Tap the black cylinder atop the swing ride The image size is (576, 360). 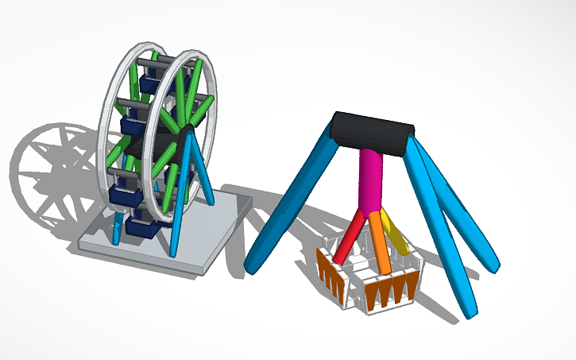[374, 132]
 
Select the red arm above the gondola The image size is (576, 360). [349, 238]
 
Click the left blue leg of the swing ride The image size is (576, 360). [291, 199]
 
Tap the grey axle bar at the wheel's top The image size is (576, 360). [155, 59]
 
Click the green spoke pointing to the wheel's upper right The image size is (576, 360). [199, 108]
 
